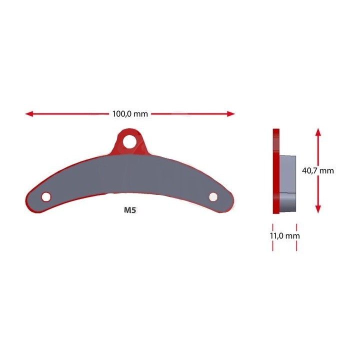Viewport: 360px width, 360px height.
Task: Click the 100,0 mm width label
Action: tap(130, 114)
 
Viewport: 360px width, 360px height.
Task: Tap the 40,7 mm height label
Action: tap(318, 170)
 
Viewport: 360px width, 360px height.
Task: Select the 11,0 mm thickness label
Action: tap(284, 236)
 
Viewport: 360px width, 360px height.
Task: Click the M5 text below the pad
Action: tap(130, 210)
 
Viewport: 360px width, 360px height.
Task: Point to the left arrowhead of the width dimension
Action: tap(29, 113)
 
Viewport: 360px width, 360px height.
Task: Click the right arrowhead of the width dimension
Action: tap(230, 113)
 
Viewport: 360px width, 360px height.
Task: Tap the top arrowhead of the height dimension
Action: tap(318, 132)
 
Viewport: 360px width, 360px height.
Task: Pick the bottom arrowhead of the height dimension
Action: tap(318, 209)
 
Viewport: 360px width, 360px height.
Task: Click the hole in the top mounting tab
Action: tap(129, 141)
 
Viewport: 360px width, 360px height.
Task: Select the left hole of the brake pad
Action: tap(46, 197)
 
